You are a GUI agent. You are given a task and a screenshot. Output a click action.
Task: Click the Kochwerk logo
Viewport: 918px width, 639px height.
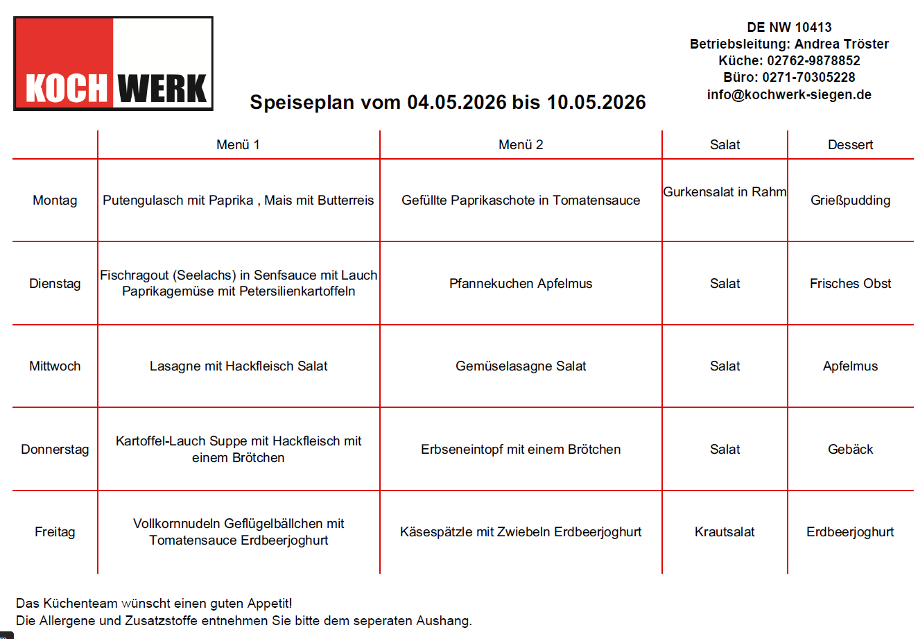coord(113,64)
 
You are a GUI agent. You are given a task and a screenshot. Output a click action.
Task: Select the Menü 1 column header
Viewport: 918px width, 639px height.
coord(238,145)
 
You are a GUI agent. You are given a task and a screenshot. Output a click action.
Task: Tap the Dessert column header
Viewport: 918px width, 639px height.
coord(850,145)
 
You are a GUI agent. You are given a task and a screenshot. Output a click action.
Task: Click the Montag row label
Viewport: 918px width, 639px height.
coord(55,201)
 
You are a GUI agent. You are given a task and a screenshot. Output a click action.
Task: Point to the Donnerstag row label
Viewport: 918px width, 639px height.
coord(55,450)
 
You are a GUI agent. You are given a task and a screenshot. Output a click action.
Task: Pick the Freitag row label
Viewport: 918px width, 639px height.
coord(55,532)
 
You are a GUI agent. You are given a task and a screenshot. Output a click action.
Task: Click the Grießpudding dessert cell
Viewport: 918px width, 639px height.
coord(850,201)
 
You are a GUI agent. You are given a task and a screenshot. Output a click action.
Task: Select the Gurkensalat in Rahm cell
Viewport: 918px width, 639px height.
coord(725,192)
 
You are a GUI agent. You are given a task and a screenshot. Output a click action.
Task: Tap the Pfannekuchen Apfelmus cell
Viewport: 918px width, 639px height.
coord(521,284)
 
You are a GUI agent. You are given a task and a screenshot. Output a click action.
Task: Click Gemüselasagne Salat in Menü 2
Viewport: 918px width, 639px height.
coord(521,366)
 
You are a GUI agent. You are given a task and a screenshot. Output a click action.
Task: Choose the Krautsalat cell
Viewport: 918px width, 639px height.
coord(725,532)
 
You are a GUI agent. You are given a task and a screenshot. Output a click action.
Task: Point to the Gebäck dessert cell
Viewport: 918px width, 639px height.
coord(850,450)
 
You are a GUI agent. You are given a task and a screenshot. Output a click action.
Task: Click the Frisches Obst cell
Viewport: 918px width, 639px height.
coord(850,284)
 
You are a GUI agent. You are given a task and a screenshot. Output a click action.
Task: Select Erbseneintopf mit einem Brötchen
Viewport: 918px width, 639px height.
coord(521,450)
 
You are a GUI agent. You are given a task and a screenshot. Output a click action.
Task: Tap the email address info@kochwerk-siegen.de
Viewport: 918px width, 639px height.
coord(789,95)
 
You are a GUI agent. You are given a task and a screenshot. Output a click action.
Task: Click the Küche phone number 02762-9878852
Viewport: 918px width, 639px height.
coord(813,61)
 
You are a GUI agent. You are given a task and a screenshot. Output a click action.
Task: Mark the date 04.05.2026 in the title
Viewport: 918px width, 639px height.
coord(456,103)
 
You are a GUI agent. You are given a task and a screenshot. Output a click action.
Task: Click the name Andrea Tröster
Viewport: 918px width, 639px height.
coord(841,44)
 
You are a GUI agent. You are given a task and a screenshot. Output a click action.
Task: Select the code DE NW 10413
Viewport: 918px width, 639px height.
coord(789,28)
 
